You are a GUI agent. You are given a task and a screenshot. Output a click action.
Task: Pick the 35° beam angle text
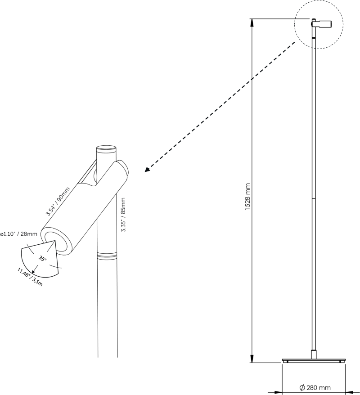point(42,259)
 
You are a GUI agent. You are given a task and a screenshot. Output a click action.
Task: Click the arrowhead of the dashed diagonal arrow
point(147,170)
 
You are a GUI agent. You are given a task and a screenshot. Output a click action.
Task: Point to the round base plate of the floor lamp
point(314,360)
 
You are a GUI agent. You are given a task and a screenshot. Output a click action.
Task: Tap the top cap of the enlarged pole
point(106,148)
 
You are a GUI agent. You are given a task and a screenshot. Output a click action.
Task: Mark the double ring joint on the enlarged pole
point(107,256)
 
